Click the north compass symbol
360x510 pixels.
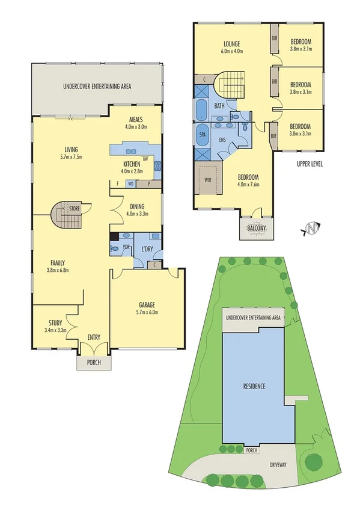pos(311,228)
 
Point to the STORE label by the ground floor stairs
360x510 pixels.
pos(74,209)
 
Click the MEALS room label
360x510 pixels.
pos(136,119)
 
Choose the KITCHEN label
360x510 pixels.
pos(132,164)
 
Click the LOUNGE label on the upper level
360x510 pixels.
pos(231,44)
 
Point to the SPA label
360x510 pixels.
pos(202,135)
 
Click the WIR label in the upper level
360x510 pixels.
pos(208,179)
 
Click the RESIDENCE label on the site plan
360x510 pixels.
pos(258,386)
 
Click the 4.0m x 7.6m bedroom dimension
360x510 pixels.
pos(248,185)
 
